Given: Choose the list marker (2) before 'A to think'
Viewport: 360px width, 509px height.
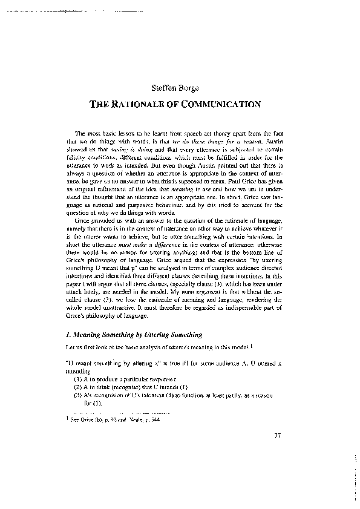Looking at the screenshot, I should pyautogui.click(x=77, y=386).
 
